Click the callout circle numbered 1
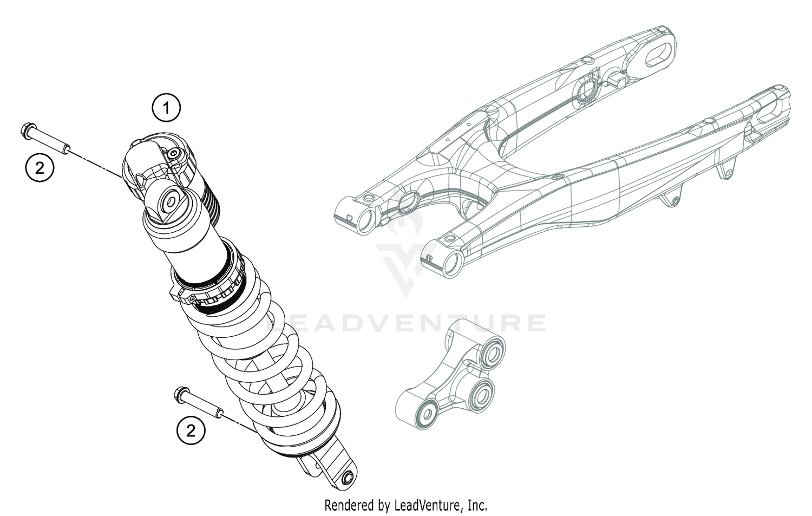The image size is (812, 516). coord(166,109)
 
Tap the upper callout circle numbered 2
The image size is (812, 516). coord(40,168)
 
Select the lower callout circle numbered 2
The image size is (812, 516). coord(191,431)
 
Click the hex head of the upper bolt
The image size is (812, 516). coord(25,130)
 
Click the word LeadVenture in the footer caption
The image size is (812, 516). coord(428,505)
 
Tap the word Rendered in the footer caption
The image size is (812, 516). coord(348,505)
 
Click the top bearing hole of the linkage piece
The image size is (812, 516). coord(493,355)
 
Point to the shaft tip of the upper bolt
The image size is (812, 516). coord(67,147)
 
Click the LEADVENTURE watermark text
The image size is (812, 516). coord(406,323)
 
